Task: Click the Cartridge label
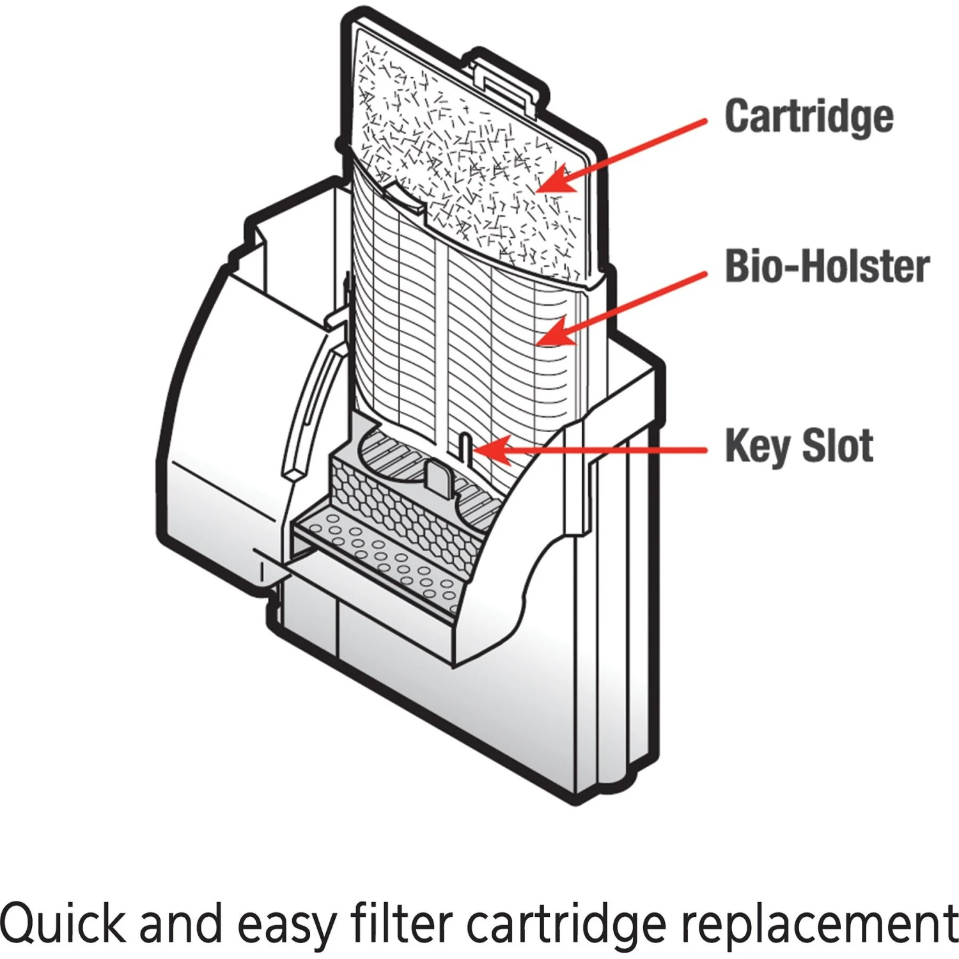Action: point(809,116)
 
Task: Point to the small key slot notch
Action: point(465,444)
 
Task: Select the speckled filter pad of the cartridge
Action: point(467,160)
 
